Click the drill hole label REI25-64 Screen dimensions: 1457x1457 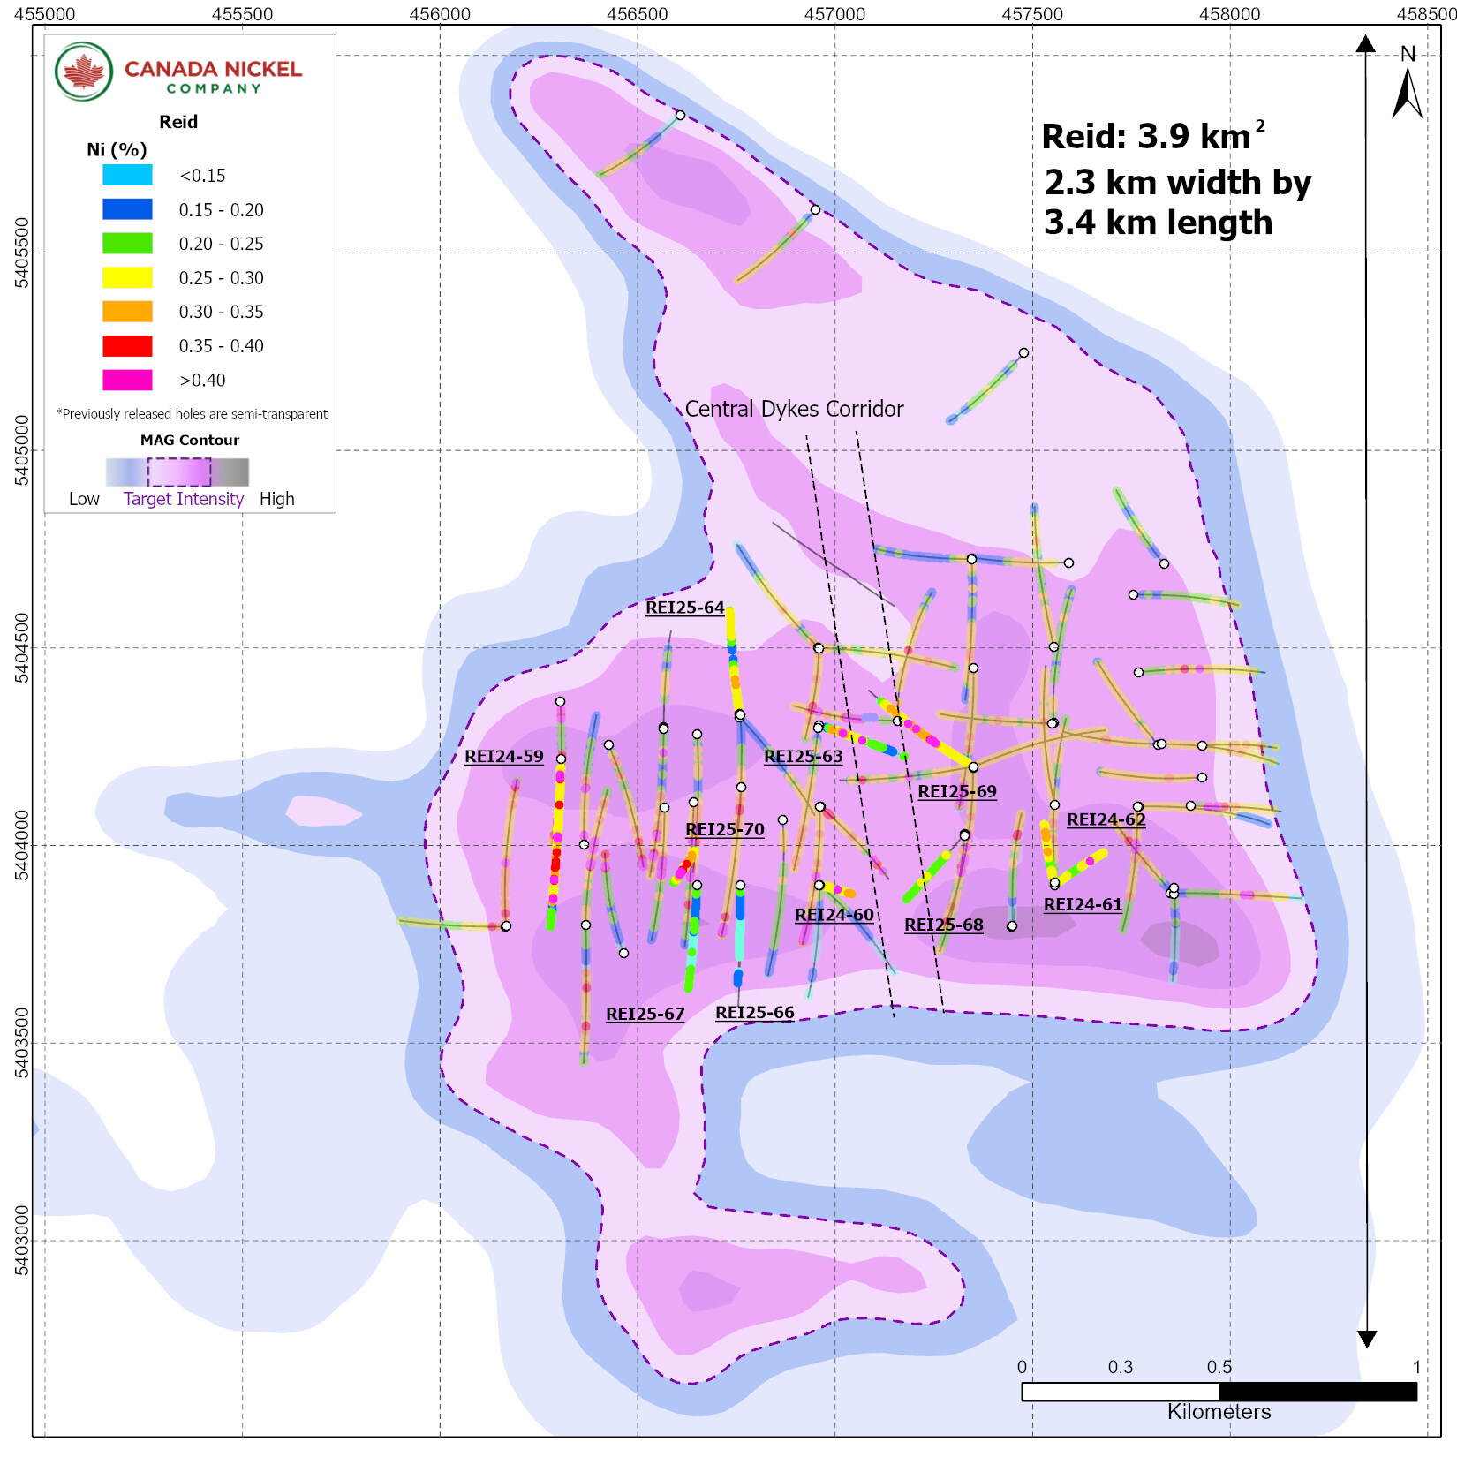click(x=684, y=608)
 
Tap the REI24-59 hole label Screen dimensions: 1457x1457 click(x=503, y=757)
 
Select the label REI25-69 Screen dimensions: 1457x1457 click(x=956, y=791)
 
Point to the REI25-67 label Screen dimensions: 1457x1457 click(x=645, y=1014)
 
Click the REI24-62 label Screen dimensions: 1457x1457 click(x=1106, y=819)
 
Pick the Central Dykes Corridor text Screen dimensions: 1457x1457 click(x=794, y=409)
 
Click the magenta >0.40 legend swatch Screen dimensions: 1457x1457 click(x=127, y=380)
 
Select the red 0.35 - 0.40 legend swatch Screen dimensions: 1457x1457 click(x=127, y=346)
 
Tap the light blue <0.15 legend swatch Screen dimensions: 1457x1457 click(x=127, y=175)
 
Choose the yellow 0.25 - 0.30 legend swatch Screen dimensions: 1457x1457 click(x=127, y=277)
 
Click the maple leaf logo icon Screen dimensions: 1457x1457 click(x=84, y=72)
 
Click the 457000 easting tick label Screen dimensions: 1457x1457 click(x=834, y=14)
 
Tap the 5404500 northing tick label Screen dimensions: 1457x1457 click(x=21, y=648)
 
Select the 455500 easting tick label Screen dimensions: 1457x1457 click(x=243, y=14)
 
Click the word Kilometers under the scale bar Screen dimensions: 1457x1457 click(x=1219, y=1411)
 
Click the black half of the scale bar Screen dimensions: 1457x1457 click(x=1317, y=1392)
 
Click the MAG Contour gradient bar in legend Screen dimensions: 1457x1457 click(x=177, y=472)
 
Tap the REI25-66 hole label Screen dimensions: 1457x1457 click(x=754, y=1013)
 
